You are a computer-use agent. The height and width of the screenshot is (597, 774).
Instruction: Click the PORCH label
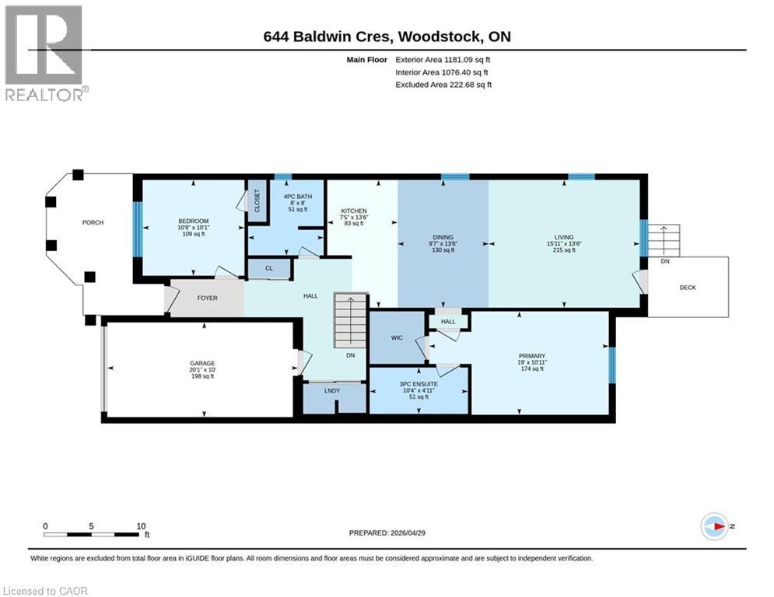(93, 223)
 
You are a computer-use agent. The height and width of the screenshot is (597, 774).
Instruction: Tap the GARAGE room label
(202, 362)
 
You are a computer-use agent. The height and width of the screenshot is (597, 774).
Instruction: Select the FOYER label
(207, 298)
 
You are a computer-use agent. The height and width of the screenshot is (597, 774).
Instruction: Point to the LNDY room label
(332, 390)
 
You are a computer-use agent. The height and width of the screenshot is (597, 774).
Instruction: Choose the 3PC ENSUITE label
(419, 384)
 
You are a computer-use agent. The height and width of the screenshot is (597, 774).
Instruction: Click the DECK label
(688, 288)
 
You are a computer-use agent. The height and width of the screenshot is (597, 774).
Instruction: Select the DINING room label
(443, 238)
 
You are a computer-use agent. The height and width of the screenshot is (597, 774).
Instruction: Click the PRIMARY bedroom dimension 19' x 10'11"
(532, 362)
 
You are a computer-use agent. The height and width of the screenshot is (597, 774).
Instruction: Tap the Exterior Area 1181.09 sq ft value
(443, 59)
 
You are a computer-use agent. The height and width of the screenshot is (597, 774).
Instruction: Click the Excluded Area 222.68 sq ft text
(443, 85)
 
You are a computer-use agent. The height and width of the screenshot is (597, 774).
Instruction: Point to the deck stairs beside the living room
(665, 240)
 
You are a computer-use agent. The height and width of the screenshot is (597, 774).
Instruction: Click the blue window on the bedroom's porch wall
(137, 229)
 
